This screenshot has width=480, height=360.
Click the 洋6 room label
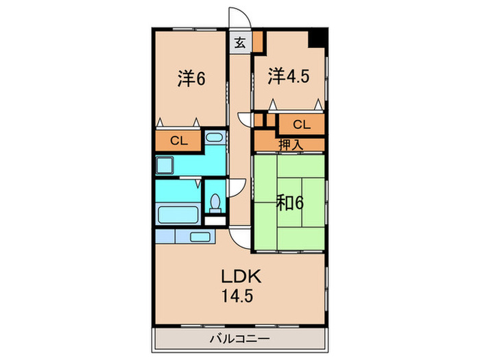191,79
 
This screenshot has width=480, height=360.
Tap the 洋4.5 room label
289,75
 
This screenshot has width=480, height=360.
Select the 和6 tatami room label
290,202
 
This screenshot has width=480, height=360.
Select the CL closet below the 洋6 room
178,141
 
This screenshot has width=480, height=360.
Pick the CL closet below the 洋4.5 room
301,124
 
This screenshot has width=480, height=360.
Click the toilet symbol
215,203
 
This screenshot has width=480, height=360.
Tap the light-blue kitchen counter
186,236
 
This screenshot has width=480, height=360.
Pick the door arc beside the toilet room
236,188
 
